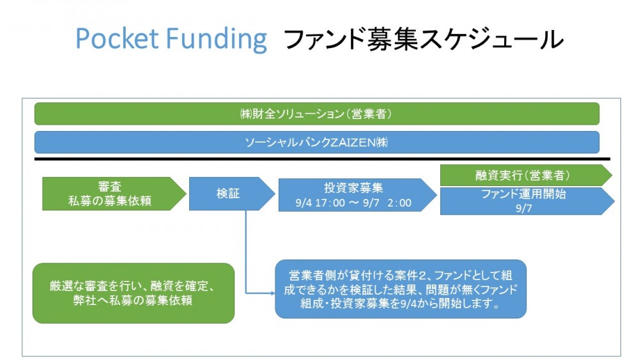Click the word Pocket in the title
(x=117, y=39)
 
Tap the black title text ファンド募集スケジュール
(x=422, y=40)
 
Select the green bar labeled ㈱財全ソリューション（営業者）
(x=317, y=114)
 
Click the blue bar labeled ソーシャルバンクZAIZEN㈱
(x=317, y=143)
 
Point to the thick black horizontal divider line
(x=322, y=159)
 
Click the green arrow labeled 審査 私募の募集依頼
(x=114, y=194)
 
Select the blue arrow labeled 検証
(x=232, y=194)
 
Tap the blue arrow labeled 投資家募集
(x=357, y=195)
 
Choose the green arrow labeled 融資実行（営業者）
(x=526, y=175)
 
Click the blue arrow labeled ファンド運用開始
(x=527, y=201)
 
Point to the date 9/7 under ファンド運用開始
(x=524, y=208)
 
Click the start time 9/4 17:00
(x=320, y=203)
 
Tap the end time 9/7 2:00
(x=388, y=203)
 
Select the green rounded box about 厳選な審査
(x=134, y=293)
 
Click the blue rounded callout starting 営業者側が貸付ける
(x=401, y=289)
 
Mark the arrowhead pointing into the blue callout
(x=272, y=293)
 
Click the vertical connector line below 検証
(x=246, y=251)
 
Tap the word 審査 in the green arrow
(x=110, y=186)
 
